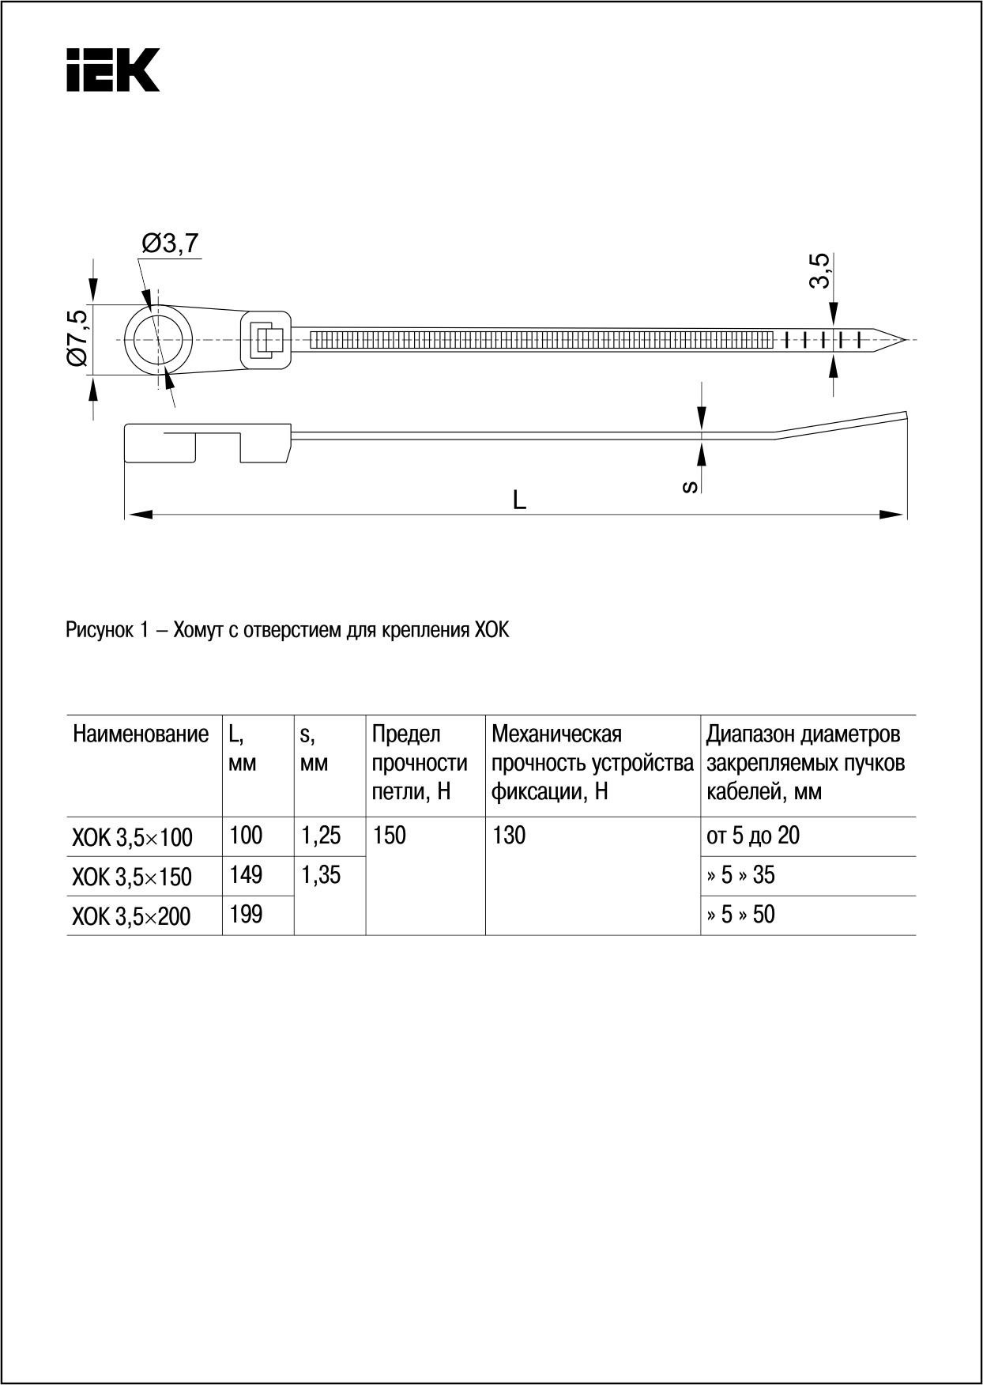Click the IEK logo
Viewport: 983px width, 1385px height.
tap(113, 70)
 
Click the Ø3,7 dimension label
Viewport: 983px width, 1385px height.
tap(170, 243)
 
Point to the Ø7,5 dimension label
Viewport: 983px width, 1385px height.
tap(77, 338)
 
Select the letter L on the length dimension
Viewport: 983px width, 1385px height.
tap(519, 500)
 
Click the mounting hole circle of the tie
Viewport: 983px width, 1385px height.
tap(158, 340)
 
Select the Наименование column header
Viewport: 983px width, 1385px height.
tap(141, 734)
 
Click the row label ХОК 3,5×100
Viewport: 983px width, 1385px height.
tap(132, 837)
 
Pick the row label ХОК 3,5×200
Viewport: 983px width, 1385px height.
tap(132, 916)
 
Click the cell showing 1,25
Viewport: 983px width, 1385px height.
tap(321, 836)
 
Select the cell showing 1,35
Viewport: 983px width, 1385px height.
tap(321, 875)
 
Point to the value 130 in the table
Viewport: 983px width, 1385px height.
tap(509, 836)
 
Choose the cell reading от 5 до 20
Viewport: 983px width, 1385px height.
tap(752, 836)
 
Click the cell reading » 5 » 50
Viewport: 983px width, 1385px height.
tap(740, 915)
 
